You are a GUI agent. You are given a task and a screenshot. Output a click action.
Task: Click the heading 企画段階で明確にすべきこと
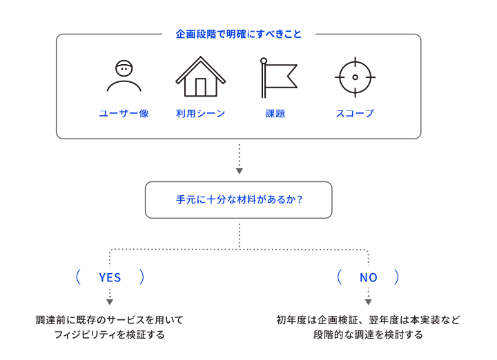click(238, 34)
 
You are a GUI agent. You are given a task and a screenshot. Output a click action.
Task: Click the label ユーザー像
click(124, 113)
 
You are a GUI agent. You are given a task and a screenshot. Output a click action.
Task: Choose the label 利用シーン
click(200, 113)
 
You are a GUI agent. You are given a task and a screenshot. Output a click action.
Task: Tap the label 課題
click(275, 113)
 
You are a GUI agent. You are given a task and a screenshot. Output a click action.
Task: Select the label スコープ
click(355, 113)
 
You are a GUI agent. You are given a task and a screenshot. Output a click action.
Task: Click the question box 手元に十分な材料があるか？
click(239, 200)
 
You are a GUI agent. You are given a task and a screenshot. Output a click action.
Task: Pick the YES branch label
click(110, 278)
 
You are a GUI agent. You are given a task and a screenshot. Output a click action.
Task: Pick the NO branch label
click(369, 278)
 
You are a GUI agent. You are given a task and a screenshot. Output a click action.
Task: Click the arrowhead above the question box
click(240, 171)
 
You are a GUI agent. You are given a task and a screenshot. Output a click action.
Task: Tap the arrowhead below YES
click(110, 302)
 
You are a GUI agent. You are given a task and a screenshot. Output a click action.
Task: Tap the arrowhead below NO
click(369, 302)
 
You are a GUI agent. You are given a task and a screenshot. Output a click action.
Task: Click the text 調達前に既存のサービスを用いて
click(110, 320)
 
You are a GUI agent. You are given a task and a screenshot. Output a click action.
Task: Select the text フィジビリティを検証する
click(110, 334)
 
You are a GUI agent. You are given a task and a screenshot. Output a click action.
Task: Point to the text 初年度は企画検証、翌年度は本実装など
click(368, 320)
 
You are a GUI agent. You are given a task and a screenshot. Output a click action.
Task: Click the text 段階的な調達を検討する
click(368, 334)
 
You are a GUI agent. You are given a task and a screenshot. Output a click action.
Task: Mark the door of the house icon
click(201, 87)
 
